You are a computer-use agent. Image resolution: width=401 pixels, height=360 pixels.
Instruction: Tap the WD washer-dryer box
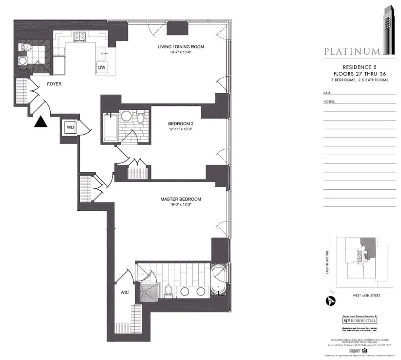pos(71,127)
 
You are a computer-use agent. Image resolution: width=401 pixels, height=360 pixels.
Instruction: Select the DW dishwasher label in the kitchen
pos(101,67)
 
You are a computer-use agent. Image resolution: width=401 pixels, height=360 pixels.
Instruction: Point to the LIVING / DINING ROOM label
pos(181,47)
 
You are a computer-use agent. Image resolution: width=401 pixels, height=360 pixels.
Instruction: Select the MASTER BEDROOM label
pos(181,199)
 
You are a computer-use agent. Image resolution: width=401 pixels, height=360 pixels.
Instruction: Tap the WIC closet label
pos(124,292)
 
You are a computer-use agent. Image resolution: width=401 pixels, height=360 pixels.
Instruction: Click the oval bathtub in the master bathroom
pos(219,280)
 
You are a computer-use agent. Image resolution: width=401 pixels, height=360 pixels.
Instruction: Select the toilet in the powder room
pos(27,48)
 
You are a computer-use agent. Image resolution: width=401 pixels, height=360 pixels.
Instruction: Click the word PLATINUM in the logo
pos(352,51)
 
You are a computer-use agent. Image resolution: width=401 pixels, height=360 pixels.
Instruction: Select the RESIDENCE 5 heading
pos(359,67)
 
